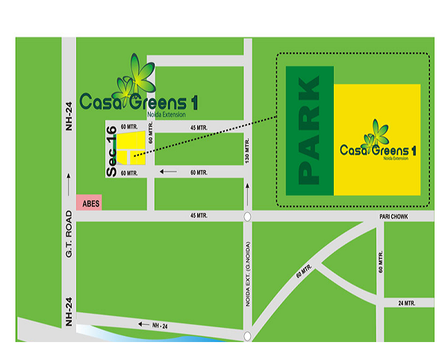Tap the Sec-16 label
pyautogui.click(x=113, y=151)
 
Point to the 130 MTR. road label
pyautogui.click(x=248, y=155)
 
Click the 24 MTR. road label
pyautogui.click(x=406, y=302)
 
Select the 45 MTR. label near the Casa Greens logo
pyautogui.click(x=199, y=128)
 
